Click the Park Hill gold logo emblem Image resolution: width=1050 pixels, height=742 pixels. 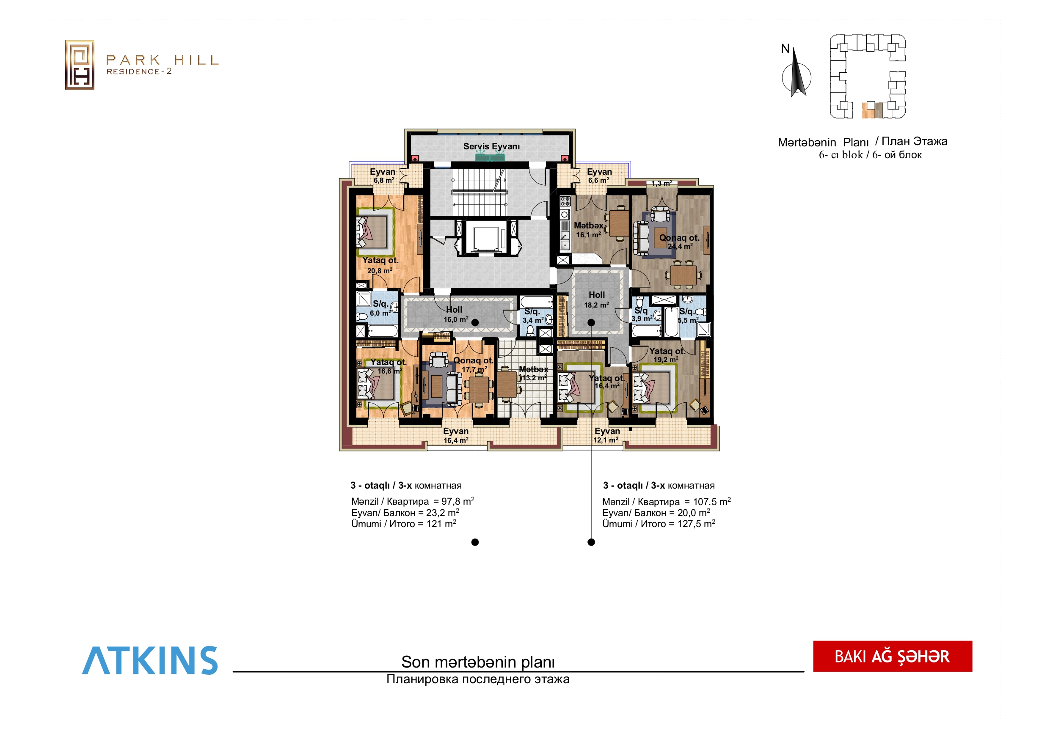coord(80,64)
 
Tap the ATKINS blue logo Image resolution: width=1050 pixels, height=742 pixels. coord(150,660)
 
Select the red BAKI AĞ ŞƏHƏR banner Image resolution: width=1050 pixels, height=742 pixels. coord(892,656)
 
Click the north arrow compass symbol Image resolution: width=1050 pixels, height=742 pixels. coord(796,73)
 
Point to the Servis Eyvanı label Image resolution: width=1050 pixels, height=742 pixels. coord(492,146)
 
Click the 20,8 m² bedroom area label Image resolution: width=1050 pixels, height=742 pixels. coord(380,271)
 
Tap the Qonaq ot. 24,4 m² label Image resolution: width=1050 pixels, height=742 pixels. coord(679,242)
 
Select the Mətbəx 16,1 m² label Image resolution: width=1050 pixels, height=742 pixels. coord(589,230)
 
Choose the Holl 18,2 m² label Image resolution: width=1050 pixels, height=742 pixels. coord(596,300)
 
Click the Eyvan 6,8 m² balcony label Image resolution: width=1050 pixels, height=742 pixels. coord(383,176)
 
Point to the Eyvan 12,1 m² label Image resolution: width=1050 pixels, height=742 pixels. coord(607,435)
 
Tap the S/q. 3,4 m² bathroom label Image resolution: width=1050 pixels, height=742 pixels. coord(533,316)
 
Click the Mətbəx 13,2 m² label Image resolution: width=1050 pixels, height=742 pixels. coord(534,374)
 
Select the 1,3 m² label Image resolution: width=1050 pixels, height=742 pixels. coord(662,183)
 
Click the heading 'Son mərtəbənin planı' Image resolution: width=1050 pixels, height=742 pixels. coord(478,662)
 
